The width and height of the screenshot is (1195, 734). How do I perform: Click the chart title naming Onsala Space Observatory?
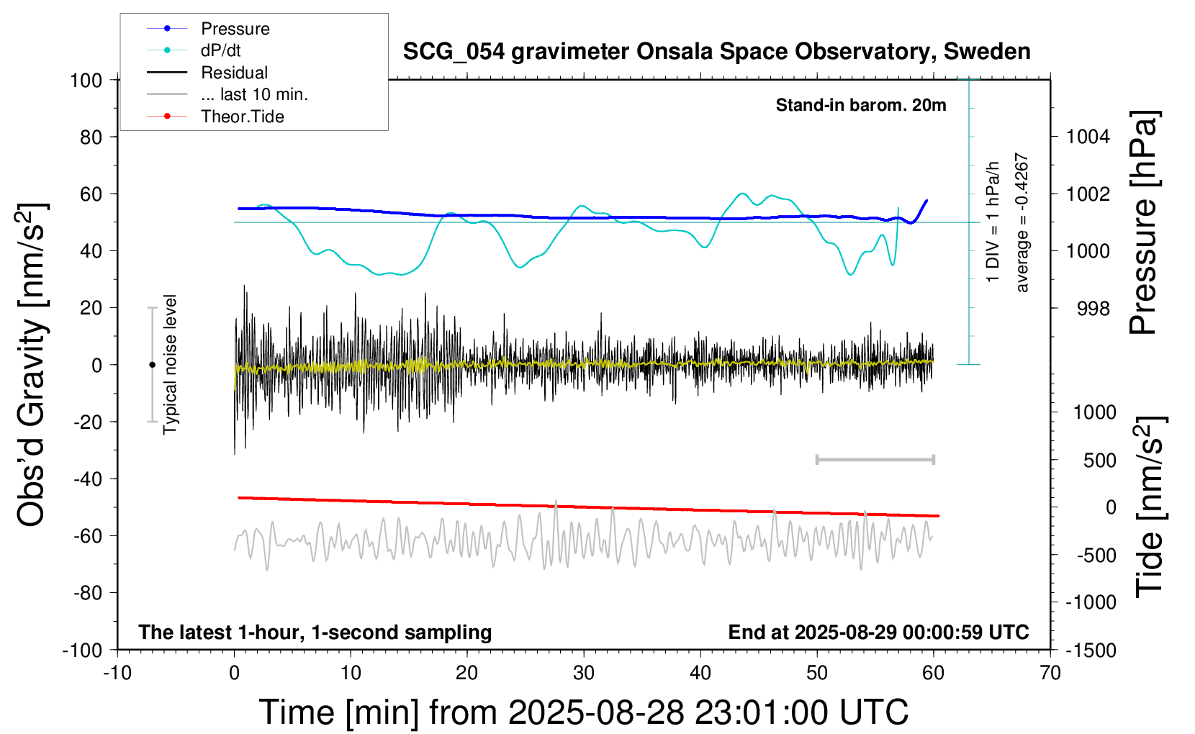tap(716, 52)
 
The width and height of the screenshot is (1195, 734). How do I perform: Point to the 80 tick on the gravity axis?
tap(91, 137)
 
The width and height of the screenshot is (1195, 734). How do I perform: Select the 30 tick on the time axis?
tap(584, 673)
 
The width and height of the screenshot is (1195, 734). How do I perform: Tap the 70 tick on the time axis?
tap(1050, 673)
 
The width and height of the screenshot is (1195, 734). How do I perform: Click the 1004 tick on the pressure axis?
tap(1088, 137)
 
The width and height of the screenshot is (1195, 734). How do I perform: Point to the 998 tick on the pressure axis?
tap(1093, 309)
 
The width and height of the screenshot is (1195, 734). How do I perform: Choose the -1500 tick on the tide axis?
tap(1090, 651)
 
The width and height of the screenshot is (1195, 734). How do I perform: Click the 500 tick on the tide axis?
tap(1099, 461)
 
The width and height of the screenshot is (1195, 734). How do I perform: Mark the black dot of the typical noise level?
tap(152, 365)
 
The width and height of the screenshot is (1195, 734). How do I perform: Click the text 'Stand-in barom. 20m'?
tap(861, 105)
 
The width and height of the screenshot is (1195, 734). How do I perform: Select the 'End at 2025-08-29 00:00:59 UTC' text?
tap(878, 632)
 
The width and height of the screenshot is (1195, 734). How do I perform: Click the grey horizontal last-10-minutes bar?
tap(875, 459)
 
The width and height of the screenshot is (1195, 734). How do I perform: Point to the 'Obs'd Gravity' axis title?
tap(32, 365)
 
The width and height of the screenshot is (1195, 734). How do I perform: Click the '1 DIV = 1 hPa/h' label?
tap(993, 222)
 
